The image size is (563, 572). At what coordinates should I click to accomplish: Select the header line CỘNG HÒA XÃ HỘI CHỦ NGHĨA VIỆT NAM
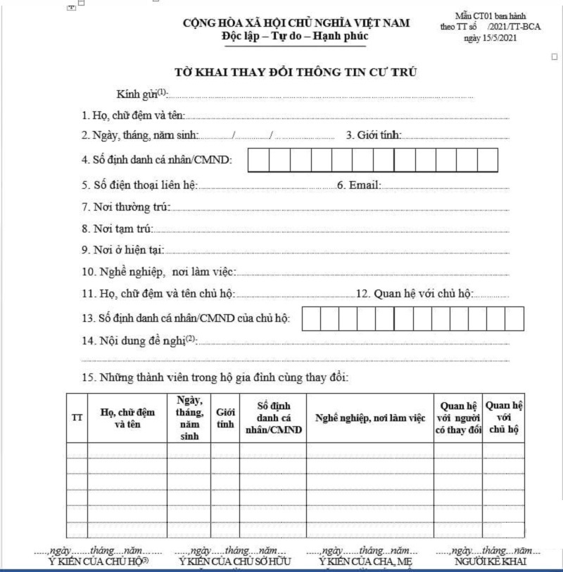click(296, 23)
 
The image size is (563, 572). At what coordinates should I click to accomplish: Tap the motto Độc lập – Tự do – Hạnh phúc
click(294, 36)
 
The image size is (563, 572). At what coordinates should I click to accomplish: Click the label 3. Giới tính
click(374, 136)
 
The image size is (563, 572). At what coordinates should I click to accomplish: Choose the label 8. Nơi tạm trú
click(117, 228)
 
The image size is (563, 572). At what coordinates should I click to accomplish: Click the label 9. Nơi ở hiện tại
click(122, 249)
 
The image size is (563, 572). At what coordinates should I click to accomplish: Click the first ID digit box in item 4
click(258, 160)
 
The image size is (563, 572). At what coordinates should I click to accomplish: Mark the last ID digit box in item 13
click(514, 319)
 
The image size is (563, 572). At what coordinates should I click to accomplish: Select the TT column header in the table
click(77, 417)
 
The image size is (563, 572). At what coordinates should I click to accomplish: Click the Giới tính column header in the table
click(225, 417)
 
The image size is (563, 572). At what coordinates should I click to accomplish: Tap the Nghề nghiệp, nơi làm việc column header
click(369, 418)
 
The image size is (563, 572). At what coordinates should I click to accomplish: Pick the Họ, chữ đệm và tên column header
click(127, 417)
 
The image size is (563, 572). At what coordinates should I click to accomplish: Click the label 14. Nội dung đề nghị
click(137, 341)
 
